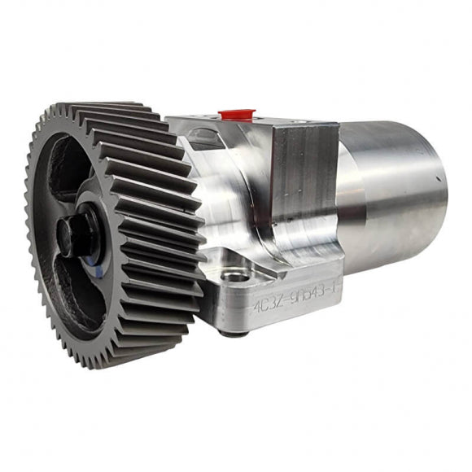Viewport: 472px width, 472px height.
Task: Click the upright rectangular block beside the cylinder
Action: (x=303, y=175)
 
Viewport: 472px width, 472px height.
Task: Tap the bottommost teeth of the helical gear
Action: (x=122, y=358)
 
